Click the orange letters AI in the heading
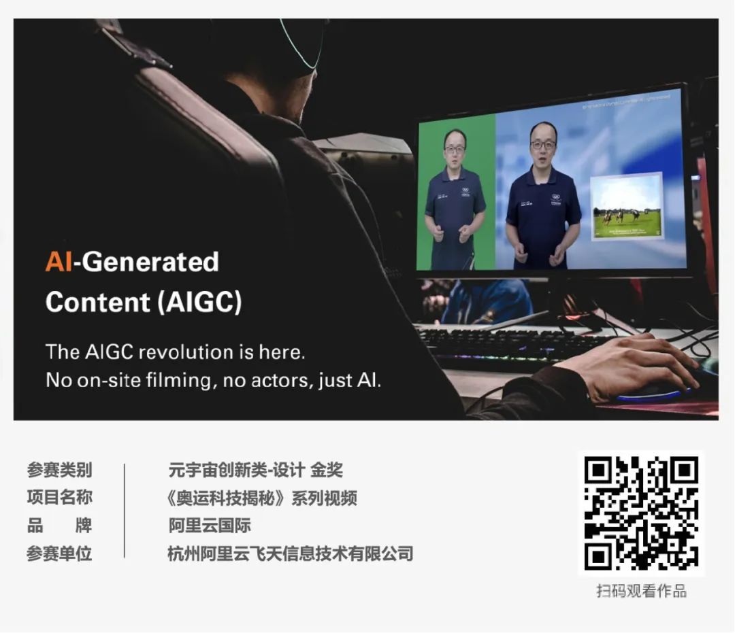[59, 262]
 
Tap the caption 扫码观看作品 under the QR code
[641, 591]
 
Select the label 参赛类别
[59, 470]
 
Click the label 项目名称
[59, 498]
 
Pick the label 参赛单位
[59, 553]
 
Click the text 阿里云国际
[210, 526]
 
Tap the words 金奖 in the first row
[327, 470]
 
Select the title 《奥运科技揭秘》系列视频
[262, 498]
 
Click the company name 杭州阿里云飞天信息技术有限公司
[291, 553]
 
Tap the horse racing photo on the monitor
[626, 207]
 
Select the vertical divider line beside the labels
[125, 511]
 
